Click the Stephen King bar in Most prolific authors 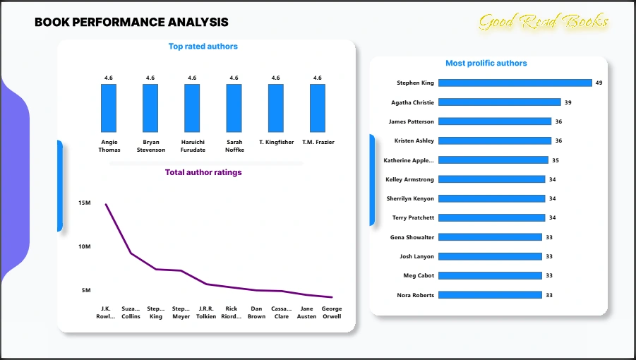(x=515, y=83)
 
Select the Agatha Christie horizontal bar (x=499, y=102)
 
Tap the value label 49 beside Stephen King (x=599, y=83)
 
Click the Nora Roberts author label (x=416, y=295)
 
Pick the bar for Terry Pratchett (x=492, y=217)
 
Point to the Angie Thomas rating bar (x=109, y=107)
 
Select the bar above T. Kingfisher (x=276, y=107)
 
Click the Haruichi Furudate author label (x=192, y=146)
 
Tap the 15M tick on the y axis (x=85, y=203)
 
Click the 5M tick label (x=86, y=291)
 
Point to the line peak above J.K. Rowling (x=106, y=205)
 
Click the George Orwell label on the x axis (x=332, y=313)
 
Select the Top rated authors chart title (x=203, y=47)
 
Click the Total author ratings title (x=203, y=172)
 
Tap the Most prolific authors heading (x=486, y=64)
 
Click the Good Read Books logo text (x=543, y=23)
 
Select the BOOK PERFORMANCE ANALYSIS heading (x=131, y=23)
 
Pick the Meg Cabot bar (x=490, y=275)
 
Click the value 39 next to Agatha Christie (x=568, y=102)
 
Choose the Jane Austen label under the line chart (x=306, y=313)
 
